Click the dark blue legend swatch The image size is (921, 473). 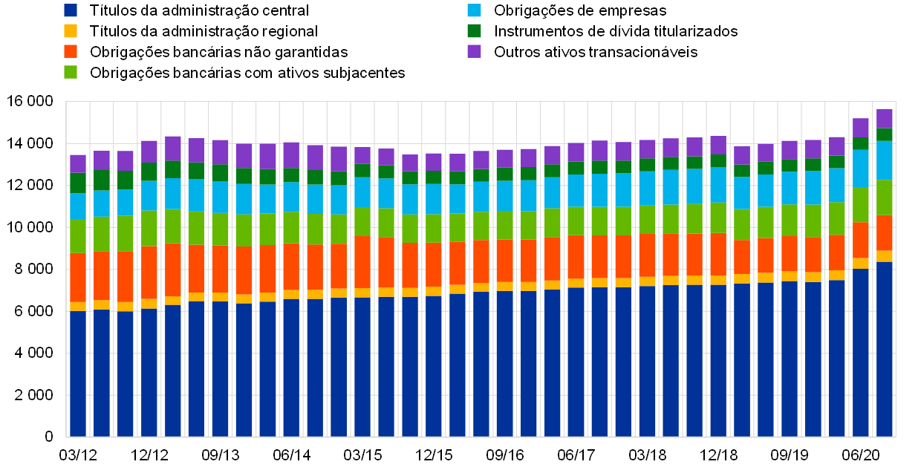coord(71,10)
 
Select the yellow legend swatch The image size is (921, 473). coord(71,31)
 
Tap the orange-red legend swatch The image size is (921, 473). coord(71,51)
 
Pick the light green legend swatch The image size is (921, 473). coord(71,72)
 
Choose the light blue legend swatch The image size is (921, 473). coord(474,10)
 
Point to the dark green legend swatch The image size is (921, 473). coord(474,31)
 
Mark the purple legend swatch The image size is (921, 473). coord(474,51)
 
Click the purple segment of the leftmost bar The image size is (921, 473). coord(78,163)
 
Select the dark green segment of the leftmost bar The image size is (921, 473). coord(78,183)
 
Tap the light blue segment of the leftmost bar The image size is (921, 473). coord(78,206)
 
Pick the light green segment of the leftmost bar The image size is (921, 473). coord(78,236)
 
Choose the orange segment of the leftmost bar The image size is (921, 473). coord(78,278)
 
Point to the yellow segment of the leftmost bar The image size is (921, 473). coord(78,307)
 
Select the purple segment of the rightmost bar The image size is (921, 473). coord(884,119)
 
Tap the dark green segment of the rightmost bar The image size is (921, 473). coord(884,135)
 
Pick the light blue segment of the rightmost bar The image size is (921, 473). coord(884,160)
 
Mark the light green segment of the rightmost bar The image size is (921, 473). coord(884,198)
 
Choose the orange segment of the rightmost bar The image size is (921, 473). coord(884,233)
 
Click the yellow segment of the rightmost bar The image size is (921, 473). coord(884,256)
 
